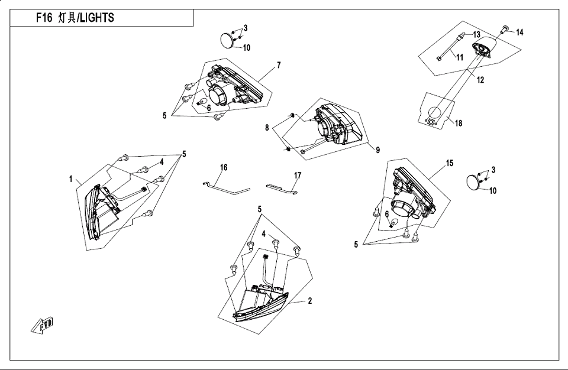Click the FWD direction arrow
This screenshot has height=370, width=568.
(x=43, y=324)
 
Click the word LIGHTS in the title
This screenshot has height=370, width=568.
(x=96, y=18)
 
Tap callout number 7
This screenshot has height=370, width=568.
(x=279, y=65)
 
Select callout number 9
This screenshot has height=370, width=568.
(x=377, y=150)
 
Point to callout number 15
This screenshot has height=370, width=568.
(x=450, y=163)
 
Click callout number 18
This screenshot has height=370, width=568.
(x=459, y=124)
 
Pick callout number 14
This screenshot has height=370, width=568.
(x=520, y=33)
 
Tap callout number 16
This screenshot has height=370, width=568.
(x=224, y=167)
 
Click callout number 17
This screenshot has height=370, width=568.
(x=298, y=176)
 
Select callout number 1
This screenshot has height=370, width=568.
(x=71, y=179)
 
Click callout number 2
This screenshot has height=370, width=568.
(x=309, y=301)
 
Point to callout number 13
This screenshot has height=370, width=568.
(x=477, y=35)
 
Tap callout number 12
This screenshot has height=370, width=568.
(x=480, y=80)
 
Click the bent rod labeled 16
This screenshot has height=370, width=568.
(x=225, y=188)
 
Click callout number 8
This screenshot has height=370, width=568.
(x=267, y=128)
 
